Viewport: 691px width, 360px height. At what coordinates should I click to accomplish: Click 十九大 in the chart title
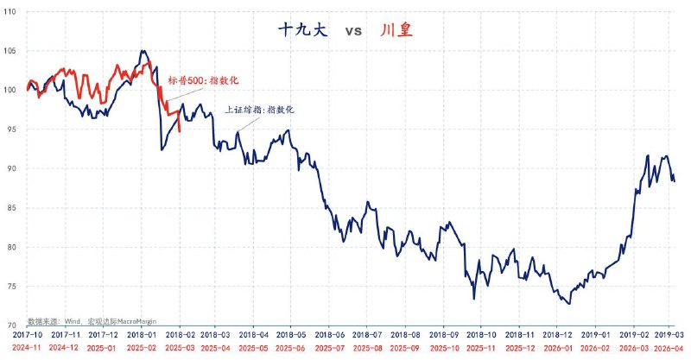point(298,30)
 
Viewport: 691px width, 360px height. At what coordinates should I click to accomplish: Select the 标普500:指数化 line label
point(203,80)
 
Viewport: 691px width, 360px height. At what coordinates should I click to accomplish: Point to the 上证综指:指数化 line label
point(260,111)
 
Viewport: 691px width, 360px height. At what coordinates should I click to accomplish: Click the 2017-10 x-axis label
point(29,333)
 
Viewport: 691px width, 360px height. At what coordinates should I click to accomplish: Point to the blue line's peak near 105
point(143,51)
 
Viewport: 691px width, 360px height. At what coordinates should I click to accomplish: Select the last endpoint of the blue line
point(674,180)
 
